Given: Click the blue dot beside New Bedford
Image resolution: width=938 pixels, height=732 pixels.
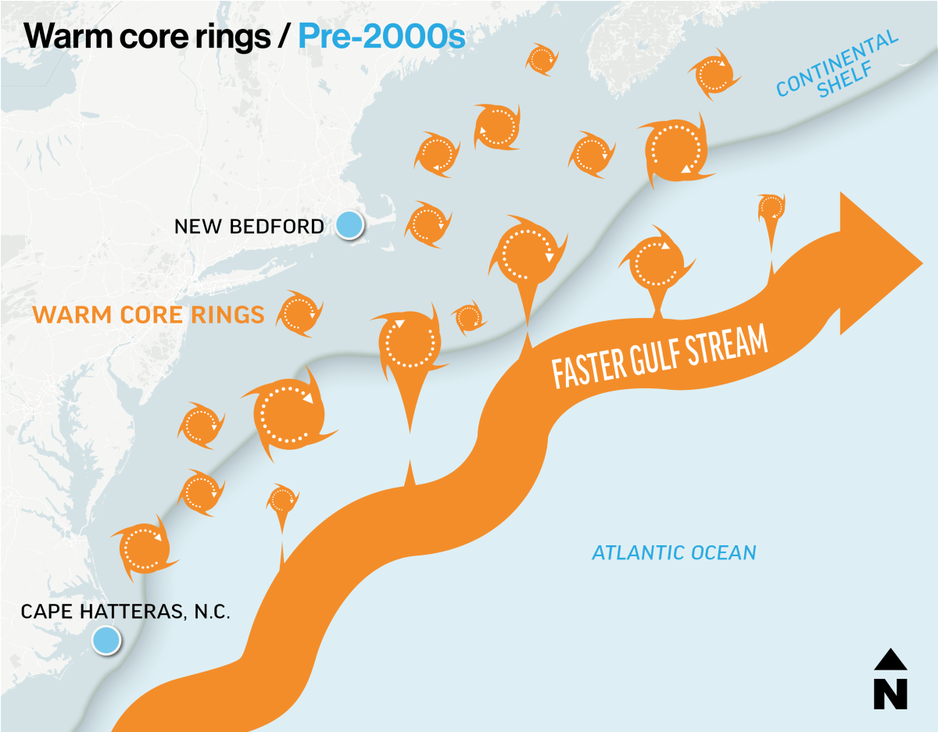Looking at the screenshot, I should click(x=349, y=225).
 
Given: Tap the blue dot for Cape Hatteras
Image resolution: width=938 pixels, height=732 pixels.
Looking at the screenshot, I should click(x=106, y=641).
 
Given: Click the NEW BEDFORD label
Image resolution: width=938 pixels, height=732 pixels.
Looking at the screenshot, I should click(x=249, y=227).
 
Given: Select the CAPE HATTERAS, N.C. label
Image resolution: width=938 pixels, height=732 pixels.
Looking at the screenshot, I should click(x=125, y=611).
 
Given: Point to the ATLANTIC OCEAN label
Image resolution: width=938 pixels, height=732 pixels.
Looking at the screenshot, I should click(x=674, y=553).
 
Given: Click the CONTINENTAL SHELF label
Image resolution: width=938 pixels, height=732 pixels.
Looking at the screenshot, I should click(x=837, y=66).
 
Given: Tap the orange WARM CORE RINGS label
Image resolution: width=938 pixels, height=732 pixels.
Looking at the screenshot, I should click(x=148, y=315).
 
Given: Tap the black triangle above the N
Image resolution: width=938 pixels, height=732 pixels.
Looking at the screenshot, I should click(x=890, y=660).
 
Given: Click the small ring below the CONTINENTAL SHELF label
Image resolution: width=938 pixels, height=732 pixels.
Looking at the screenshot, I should click(x=772, y=208).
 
